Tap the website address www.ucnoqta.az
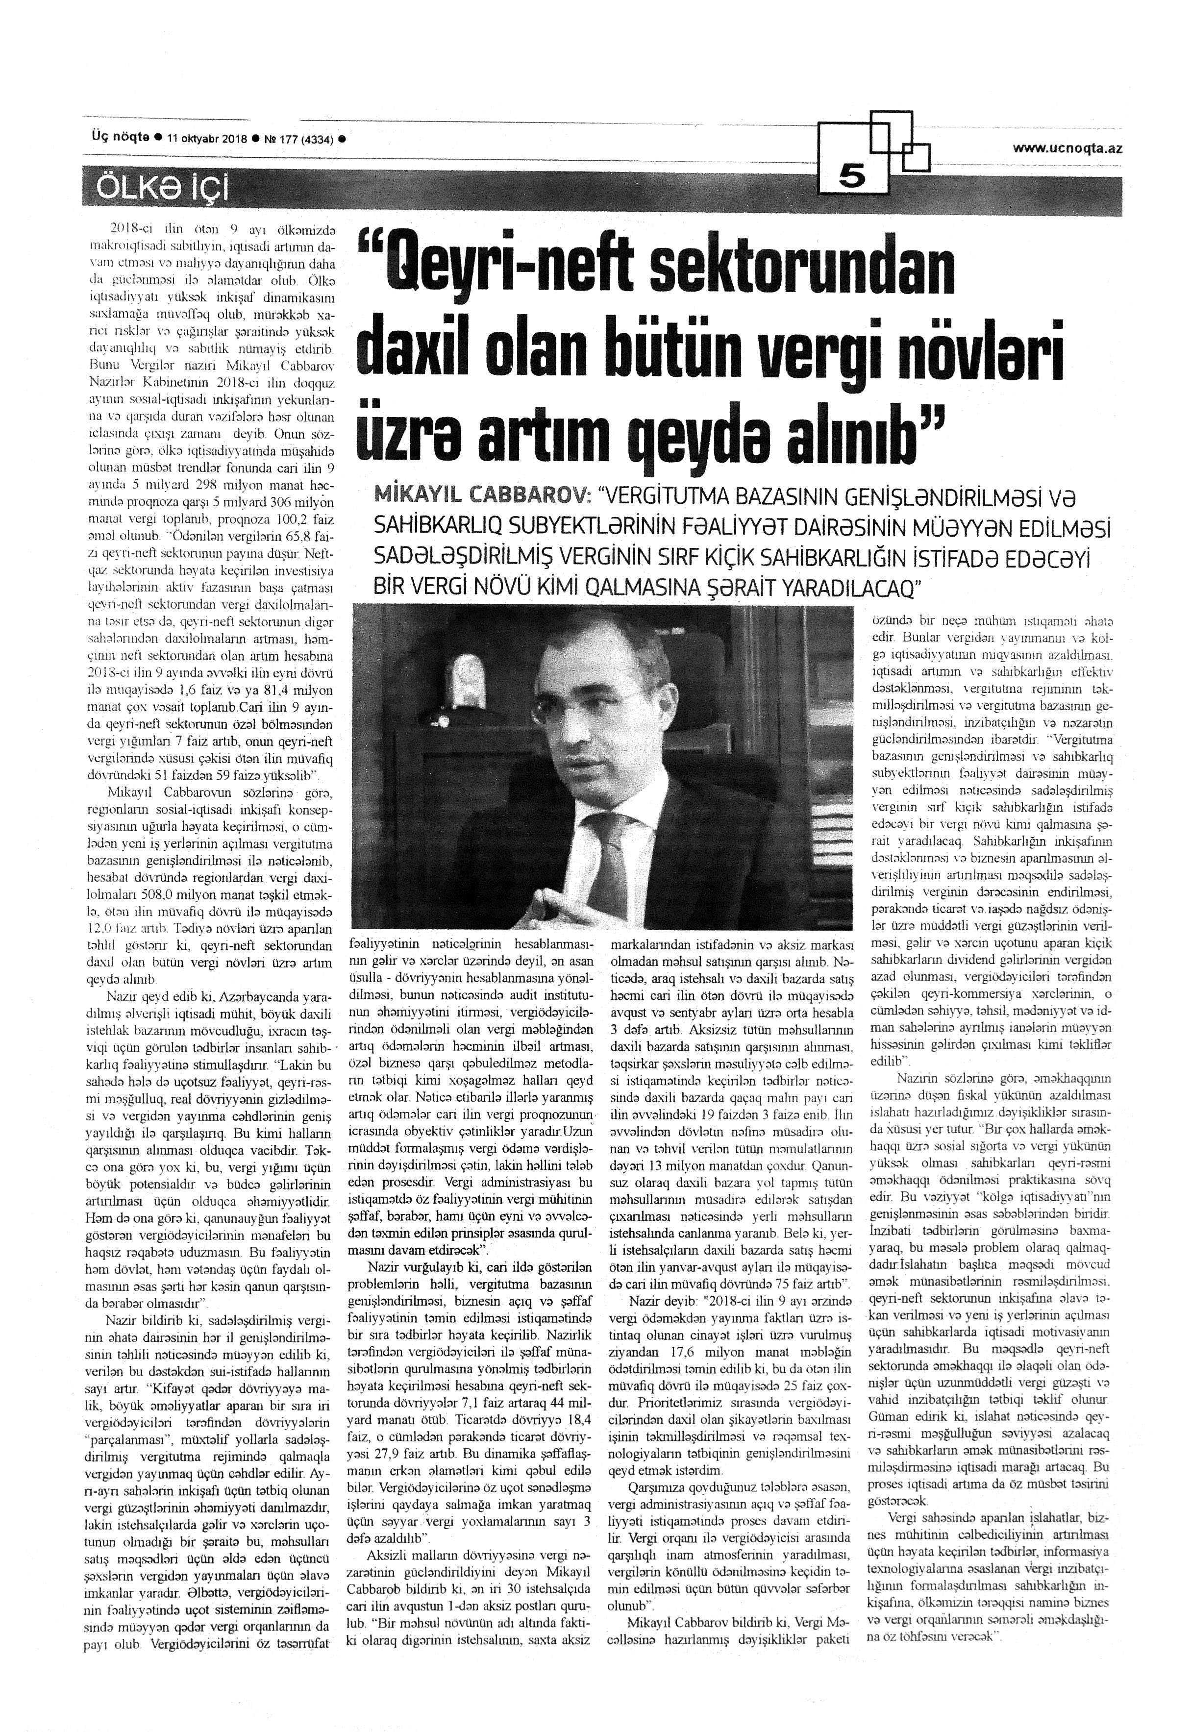[x=1067, y=148]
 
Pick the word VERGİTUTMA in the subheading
[x=675, y=495]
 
